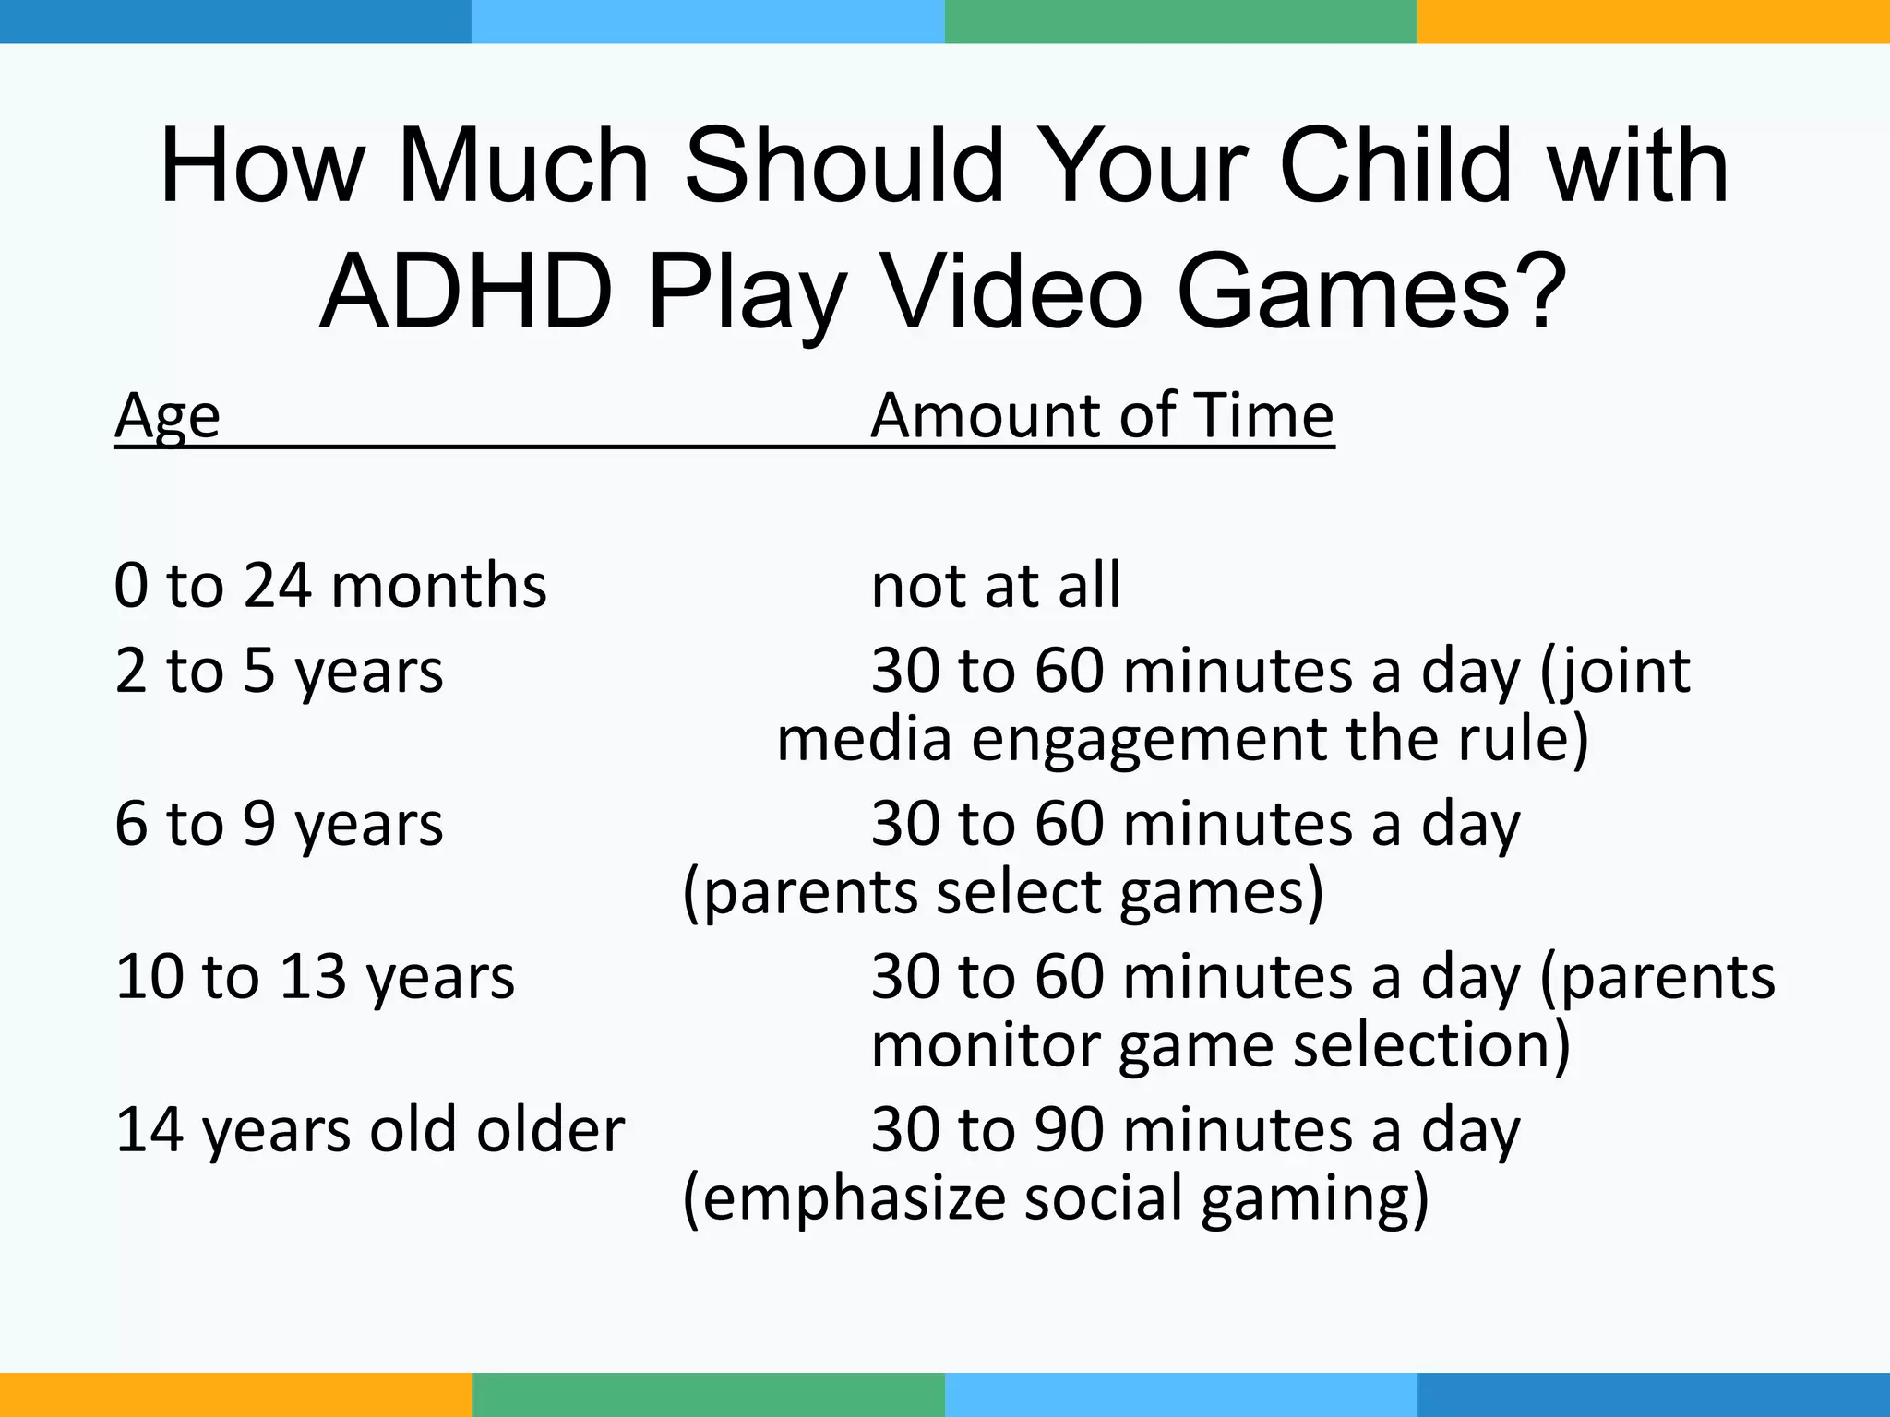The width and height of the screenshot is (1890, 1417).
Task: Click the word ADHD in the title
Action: [466, 292]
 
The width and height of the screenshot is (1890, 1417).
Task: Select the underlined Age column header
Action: [167, 416]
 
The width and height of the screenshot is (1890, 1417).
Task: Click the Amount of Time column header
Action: [1102, 416]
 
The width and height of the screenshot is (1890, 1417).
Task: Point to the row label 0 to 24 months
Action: [330, 586]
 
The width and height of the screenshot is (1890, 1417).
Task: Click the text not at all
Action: [996, 586]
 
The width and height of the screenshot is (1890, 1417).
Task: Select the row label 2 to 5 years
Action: [279, 671]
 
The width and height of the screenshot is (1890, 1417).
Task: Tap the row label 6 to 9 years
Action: [279, 824]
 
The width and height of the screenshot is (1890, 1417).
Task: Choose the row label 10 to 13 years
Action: [315, 977]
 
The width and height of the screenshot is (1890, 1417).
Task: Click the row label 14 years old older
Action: [370, 1130]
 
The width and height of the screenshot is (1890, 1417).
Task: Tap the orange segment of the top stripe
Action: [1653, 21]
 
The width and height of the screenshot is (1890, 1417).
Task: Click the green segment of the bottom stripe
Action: [708, 1395]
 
